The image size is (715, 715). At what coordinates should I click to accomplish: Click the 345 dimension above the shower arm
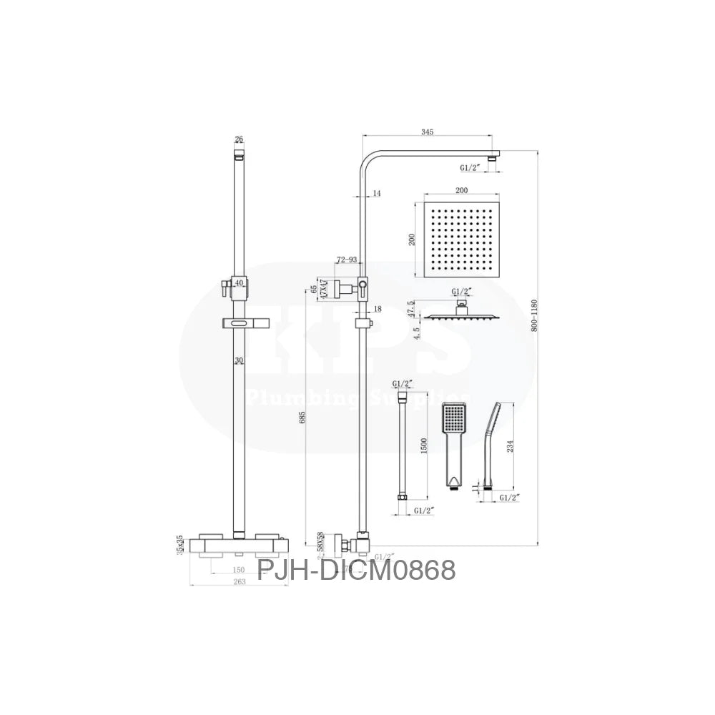coord(428,132)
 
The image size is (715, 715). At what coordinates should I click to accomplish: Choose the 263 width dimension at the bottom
coord(240,582)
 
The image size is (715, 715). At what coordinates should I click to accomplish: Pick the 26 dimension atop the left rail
coord(239,139)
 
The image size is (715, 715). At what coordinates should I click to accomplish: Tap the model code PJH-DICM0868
coord(356,570)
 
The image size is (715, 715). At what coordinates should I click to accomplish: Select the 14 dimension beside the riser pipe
coord(377,193)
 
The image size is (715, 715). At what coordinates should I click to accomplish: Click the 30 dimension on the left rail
coord(240,362)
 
